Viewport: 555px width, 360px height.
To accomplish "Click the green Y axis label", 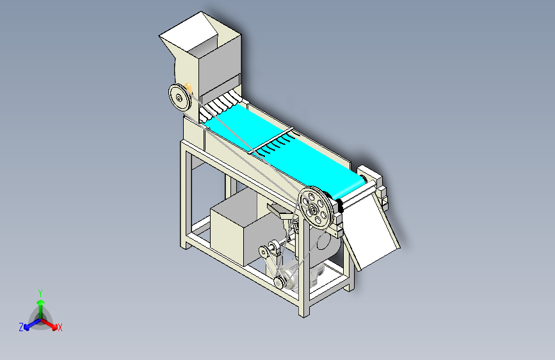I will (40, 291).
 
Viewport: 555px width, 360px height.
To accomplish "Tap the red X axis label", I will (60, 327).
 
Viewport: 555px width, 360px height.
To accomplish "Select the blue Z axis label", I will (21, 327).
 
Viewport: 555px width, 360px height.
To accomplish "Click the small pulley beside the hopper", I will (180, 97).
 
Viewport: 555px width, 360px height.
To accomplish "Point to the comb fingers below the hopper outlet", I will (221, 102).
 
